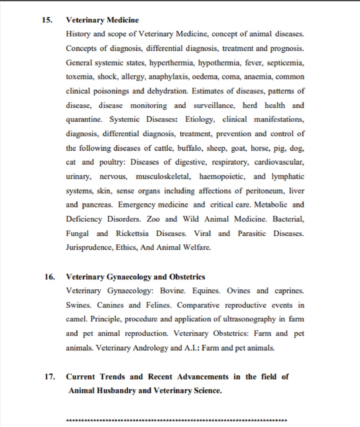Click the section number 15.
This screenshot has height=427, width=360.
coord(47,20)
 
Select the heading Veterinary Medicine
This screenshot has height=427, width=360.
coord(102,20)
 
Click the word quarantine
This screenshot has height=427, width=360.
coord(84,120)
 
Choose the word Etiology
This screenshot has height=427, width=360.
coord(200,120)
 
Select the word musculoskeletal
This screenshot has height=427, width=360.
coord(163,177)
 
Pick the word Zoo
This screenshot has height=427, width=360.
coord(153,219)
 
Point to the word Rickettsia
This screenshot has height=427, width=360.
coord(132,234)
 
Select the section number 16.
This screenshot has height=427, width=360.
coord(49,277)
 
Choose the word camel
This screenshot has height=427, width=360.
coord(76,319)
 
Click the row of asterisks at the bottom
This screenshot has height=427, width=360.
coord(176,420)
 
